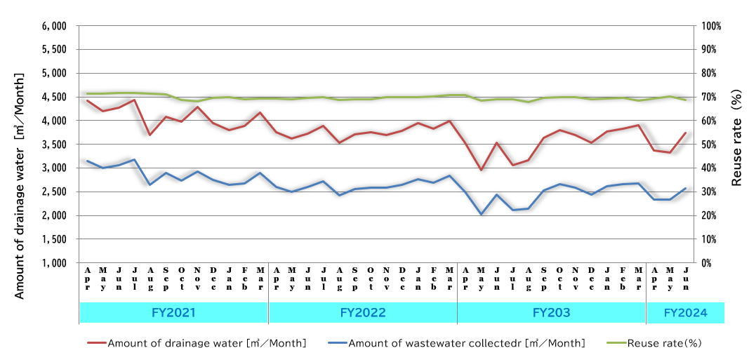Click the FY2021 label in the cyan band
click(173, 312)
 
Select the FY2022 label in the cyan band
click(362, 312)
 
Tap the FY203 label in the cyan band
click(551, 312)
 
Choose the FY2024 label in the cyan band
click(685, 312)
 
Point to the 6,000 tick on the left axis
click(54, 26)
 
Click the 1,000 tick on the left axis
click(54, 263)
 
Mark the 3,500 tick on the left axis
click(54, 145)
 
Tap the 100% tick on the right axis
click(711, 26)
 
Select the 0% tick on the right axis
click(707, 263)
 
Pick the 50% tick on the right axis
click(709, 145)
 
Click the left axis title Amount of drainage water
click(20, 185)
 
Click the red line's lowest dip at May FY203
click(481, 170)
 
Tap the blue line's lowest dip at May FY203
click(481, 214)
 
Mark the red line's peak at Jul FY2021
click(134, 100)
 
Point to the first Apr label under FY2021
click(87, 279)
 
